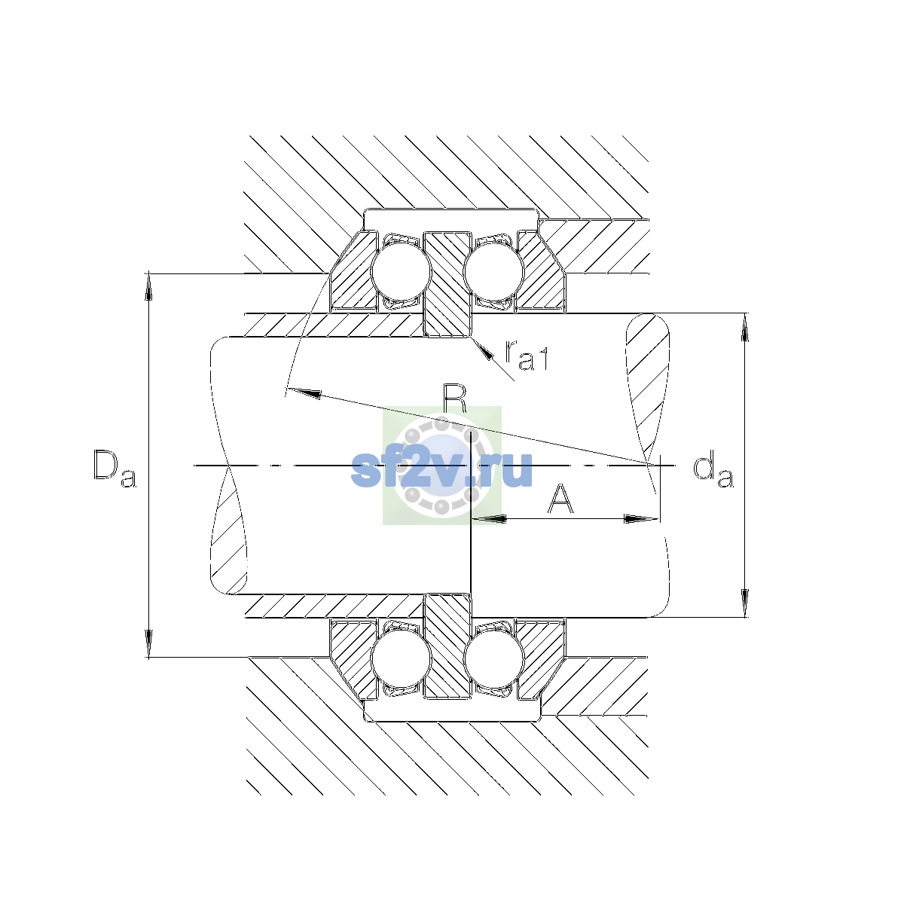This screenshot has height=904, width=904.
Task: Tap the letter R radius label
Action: coord(455,399)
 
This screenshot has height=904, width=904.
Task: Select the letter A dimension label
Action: coord(560,499)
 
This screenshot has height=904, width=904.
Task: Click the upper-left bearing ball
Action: coord(400,271)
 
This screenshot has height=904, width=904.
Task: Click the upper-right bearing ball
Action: coord(493,271)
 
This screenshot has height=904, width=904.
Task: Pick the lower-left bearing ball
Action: coord(400,658)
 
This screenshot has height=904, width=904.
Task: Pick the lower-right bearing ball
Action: coord(493,658)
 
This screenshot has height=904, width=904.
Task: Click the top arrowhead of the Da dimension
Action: coord(148,286)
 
